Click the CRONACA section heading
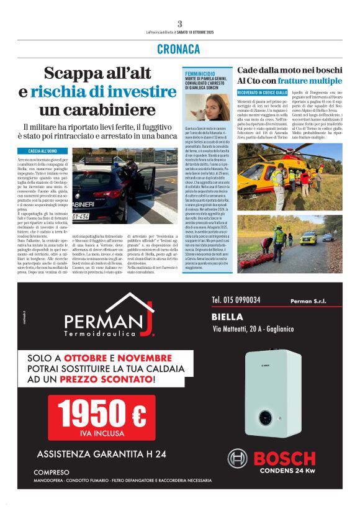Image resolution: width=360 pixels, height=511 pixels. point(179,49)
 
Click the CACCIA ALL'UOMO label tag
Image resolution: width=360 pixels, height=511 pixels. point(42,151)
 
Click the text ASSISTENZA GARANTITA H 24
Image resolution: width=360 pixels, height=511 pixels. point(101,454)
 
